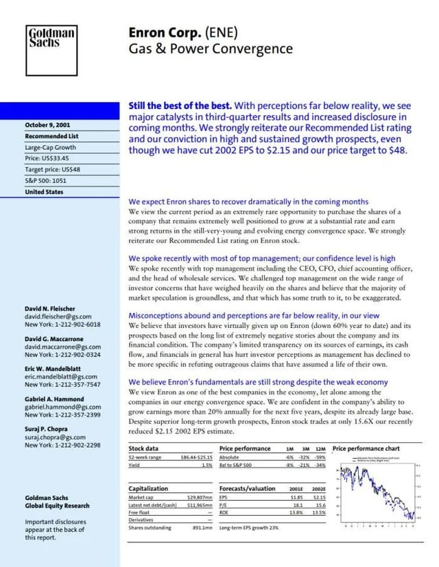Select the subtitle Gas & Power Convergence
point(210,49)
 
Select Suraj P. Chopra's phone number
point(62,444)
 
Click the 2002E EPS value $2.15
point(319,497)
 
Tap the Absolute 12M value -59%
point(320,457)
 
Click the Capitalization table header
point(148,488)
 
